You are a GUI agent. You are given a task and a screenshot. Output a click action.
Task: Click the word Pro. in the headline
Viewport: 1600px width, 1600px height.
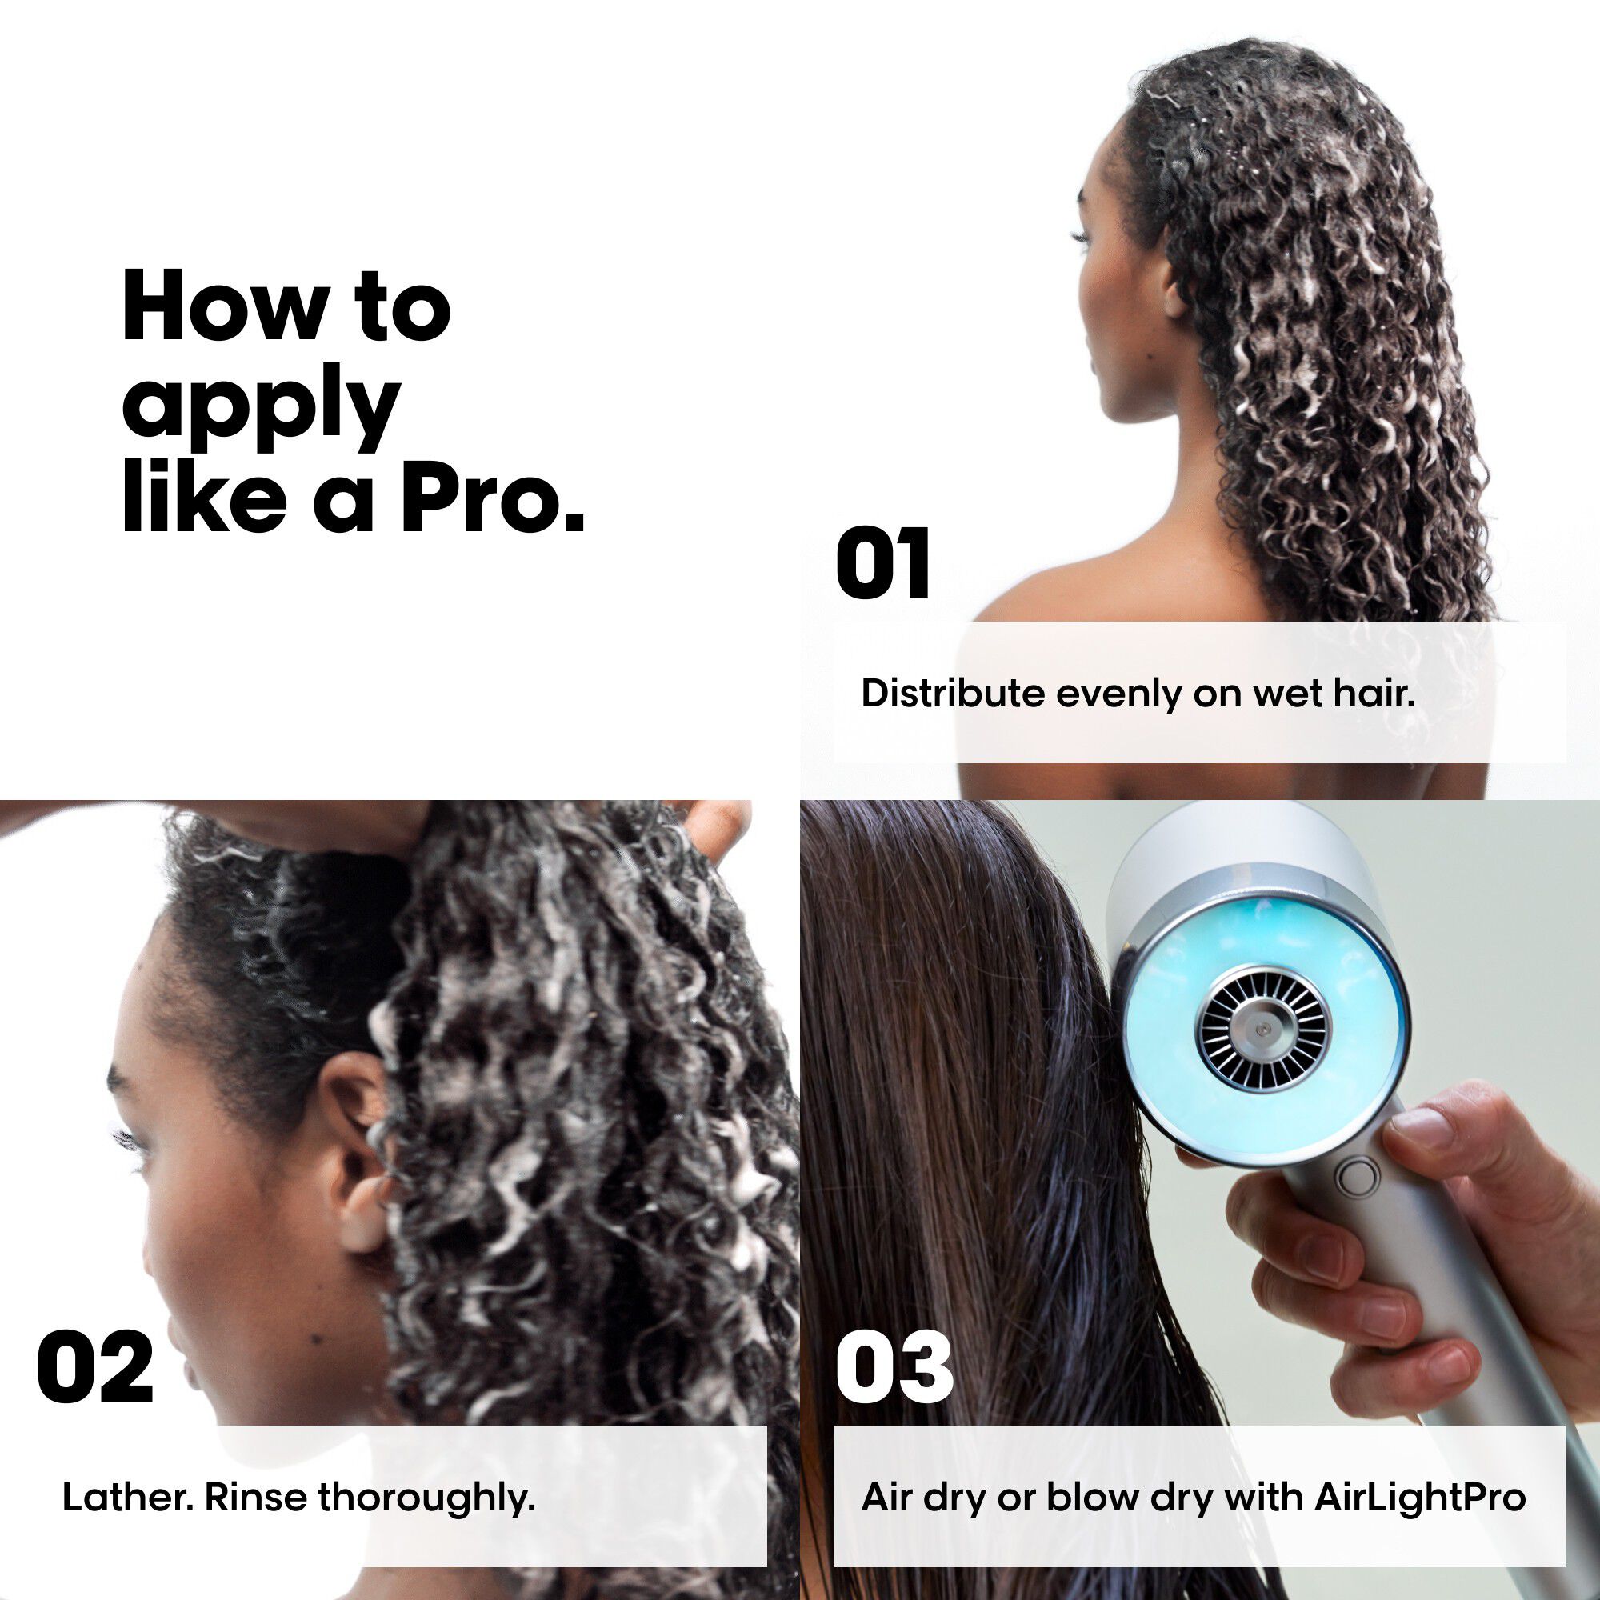tap(493, 501)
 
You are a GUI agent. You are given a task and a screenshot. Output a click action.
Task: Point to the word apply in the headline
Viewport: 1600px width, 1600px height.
tap(261, 407)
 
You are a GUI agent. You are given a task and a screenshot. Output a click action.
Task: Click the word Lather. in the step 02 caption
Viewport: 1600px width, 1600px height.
tap(127, 1497)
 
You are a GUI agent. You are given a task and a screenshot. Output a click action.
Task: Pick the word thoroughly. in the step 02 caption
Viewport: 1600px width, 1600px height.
tap(426, 1498)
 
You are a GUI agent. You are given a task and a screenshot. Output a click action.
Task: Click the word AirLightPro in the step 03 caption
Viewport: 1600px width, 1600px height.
tap(1419, 1497)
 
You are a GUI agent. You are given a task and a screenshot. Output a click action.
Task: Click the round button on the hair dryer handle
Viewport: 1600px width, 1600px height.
tap(1359, 1177)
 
